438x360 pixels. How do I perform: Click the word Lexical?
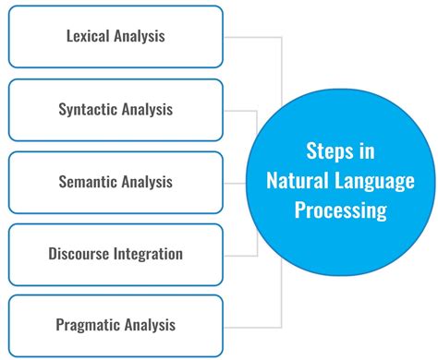[x=90, y=37]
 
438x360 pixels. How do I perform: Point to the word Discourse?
[x=82, y=253]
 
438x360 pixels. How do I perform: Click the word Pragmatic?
[x=88, y=324]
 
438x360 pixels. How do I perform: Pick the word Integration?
[x=151, y=253]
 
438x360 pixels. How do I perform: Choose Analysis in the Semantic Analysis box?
[x=149, y=182]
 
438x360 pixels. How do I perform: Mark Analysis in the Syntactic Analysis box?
[x=149, y=109]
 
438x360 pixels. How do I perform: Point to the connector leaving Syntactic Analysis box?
[x=238, y=110]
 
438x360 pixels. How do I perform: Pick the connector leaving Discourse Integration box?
[x=238, y=254]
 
